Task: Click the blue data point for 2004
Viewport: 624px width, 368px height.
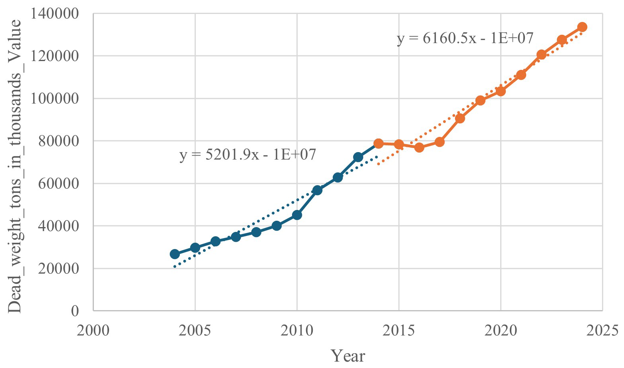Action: (x=175, y=254)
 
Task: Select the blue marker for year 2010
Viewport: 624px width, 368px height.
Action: (x=297, y=215)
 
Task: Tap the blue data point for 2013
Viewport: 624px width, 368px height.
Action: (x=358, y=157)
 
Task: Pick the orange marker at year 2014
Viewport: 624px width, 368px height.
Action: (x=378, y=143)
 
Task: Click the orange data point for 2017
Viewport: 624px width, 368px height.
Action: (x=439, y=142)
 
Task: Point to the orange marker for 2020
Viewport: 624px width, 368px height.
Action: (x=501, y=91)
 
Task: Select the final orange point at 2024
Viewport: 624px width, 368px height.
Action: (x=582, y=27)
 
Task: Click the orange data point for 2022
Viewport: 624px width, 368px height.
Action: (x=541, y=54)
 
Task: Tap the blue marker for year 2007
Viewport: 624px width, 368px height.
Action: (x=236, y=237)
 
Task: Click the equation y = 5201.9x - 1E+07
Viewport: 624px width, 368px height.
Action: (x=248, y=154)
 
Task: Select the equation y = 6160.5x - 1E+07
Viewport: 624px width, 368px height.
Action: (x=465, y=38)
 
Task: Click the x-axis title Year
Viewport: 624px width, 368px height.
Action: (x=348, y=356)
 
